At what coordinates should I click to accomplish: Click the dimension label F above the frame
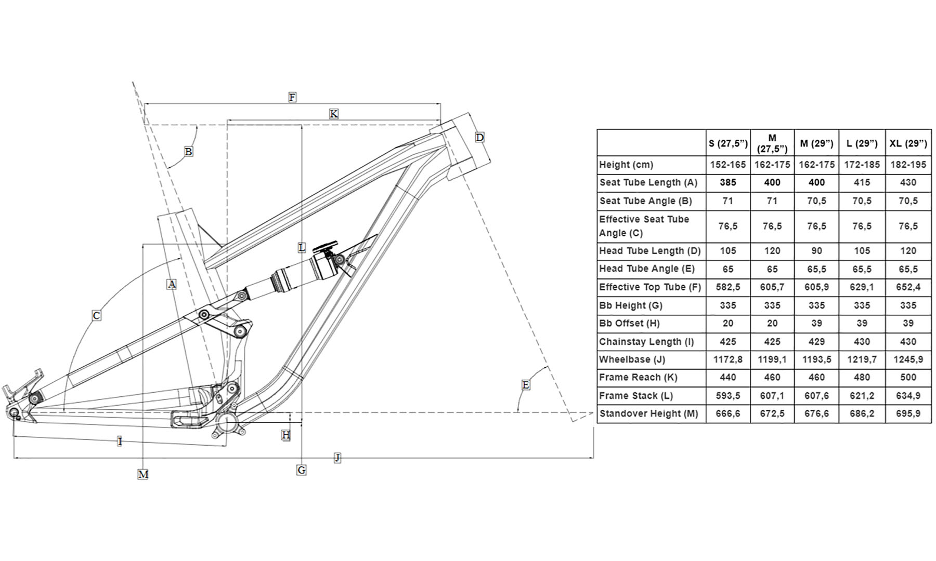coord(292,97)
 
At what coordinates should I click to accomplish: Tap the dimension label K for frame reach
coord(333,114)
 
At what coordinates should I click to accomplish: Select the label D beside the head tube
coord(479,137)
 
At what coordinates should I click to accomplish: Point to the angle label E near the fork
coord(526,385)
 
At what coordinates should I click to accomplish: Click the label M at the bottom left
coord(143,474)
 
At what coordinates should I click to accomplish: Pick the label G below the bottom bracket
coord(301,470)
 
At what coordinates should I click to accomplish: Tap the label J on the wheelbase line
coord(337,458)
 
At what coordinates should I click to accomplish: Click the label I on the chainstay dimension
coord(120,442)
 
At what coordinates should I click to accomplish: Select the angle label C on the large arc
coord(96,315)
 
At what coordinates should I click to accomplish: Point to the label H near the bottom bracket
coord(285,435)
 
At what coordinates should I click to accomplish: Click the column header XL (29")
coord(908,143)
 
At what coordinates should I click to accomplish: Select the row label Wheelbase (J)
coord(632,359)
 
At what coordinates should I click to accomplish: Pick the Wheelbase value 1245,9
coord(908,359)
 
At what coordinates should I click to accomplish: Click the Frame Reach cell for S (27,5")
coord(727,378)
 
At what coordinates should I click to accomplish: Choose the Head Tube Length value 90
coord(816,251)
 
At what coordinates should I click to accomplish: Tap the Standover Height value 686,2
coord(862,414)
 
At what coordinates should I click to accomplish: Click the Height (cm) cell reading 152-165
coord(727,165)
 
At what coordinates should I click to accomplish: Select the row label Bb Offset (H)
coord(629,323)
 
